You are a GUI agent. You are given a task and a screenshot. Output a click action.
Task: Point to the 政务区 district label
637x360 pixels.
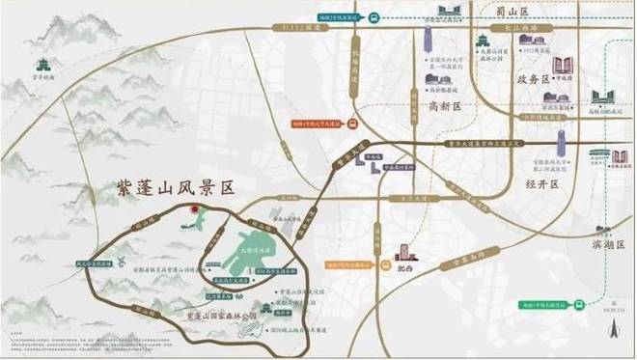tap(532, 78)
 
